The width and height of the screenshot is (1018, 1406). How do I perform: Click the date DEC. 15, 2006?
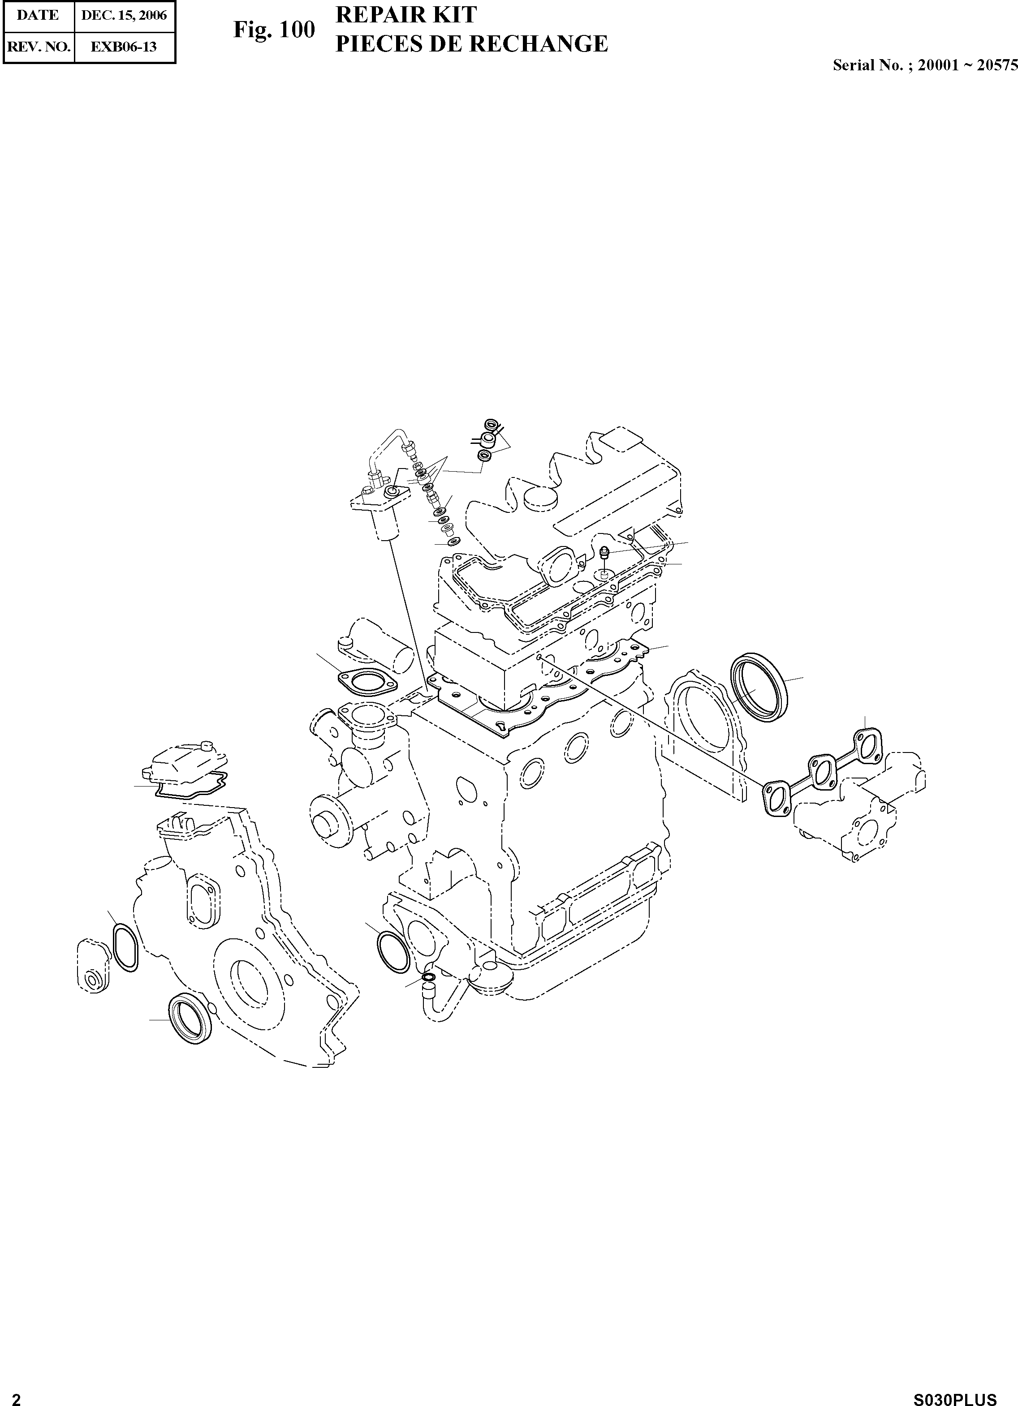pos(124,16)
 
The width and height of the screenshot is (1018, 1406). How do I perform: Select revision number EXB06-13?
pos(124,47)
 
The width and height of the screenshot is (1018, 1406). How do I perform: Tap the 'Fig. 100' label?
pos(274,29)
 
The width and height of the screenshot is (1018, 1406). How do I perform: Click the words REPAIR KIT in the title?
pos(406,14)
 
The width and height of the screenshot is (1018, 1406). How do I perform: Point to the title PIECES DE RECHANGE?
pos(471,44)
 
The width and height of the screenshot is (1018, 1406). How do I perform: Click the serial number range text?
pos(925,65)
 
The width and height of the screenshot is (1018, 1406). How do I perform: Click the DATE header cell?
pos(38,16)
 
